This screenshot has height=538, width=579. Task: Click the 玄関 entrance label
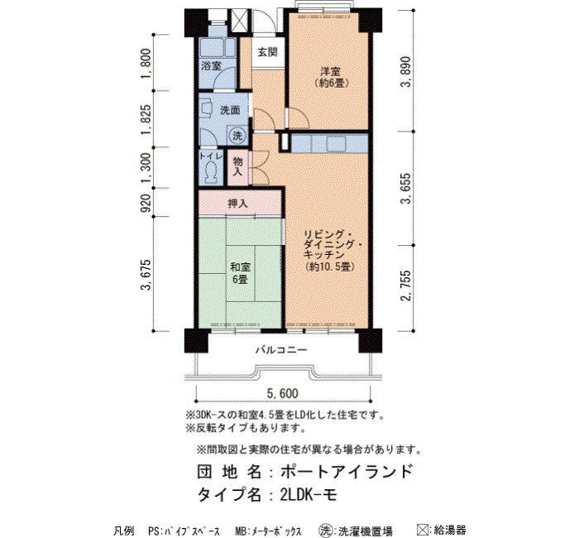click(267, 52)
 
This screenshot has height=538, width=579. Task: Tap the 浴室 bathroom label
click(211, 66)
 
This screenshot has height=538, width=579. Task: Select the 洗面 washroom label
click(230, 110)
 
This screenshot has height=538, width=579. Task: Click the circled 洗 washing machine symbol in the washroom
click(237, 136)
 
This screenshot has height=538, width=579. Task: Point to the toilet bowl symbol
click(211, 173)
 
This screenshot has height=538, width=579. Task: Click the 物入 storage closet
click(238, 167)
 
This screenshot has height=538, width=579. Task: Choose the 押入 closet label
click(237, 204)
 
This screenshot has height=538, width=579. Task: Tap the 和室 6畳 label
click(240, 273)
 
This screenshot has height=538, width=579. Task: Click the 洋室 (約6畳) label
click(330, 77)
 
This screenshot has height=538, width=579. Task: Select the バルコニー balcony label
click(281, 349)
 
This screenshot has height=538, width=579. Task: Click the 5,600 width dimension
click(283, 393)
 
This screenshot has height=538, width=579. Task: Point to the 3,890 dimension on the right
click(406, 72)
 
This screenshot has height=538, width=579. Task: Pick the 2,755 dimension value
click(406, 286)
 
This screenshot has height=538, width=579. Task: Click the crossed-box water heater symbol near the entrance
click(238, 22)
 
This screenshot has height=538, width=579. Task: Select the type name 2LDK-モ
click(309, 494)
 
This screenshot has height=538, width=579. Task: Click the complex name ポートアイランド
click(346, 472)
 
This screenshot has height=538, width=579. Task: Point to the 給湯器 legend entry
click(442, 530)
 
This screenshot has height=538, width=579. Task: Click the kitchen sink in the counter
click(336, 143)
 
